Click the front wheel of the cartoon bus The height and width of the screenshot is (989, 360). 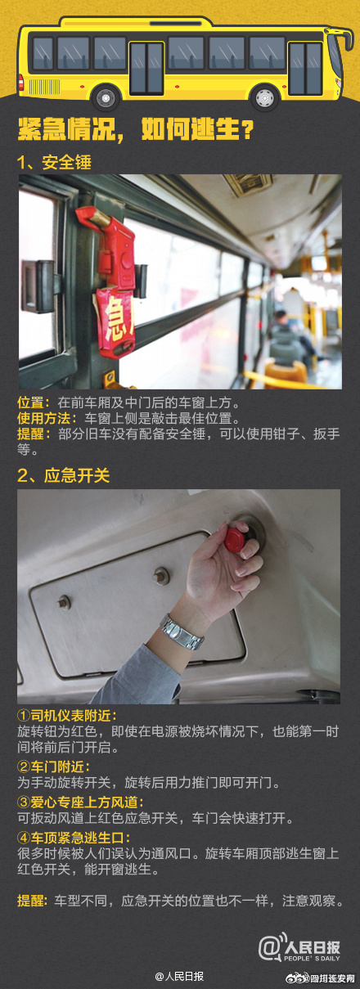[264, 97]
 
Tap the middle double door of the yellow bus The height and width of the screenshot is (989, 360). [147, 68]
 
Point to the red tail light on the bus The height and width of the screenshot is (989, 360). [20, 83]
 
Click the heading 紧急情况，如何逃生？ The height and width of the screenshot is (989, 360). [135, 129]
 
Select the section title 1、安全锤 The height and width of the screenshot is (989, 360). [54, 163]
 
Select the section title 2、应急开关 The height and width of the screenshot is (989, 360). [63, 475]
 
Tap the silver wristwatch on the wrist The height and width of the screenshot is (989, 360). [182, 632]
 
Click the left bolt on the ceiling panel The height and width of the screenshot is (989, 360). [64, 602]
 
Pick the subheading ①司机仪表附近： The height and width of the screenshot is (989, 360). [67, 715]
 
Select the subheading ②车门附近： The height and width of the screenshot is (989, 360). [54, 766]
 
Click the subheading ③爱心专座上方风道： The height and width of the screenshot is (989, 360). [81, 802]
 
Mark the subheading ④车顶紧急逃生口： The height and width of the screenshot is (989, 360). [74, 837]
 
